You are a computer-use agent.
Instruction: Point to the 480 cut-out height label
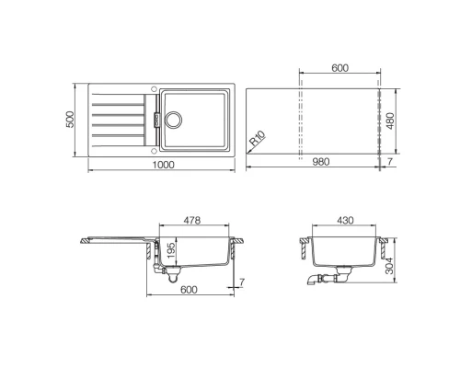pos(393,121)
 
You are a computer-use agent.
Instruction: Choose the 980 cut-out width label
pos(320,163)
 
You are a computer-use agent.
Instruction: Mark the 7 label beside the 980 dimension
pos(390,163)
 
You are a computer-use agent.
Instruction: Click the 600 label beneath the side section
pos(189,291)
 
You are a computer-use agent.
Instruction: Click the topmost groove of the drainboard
pos(117,98)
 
